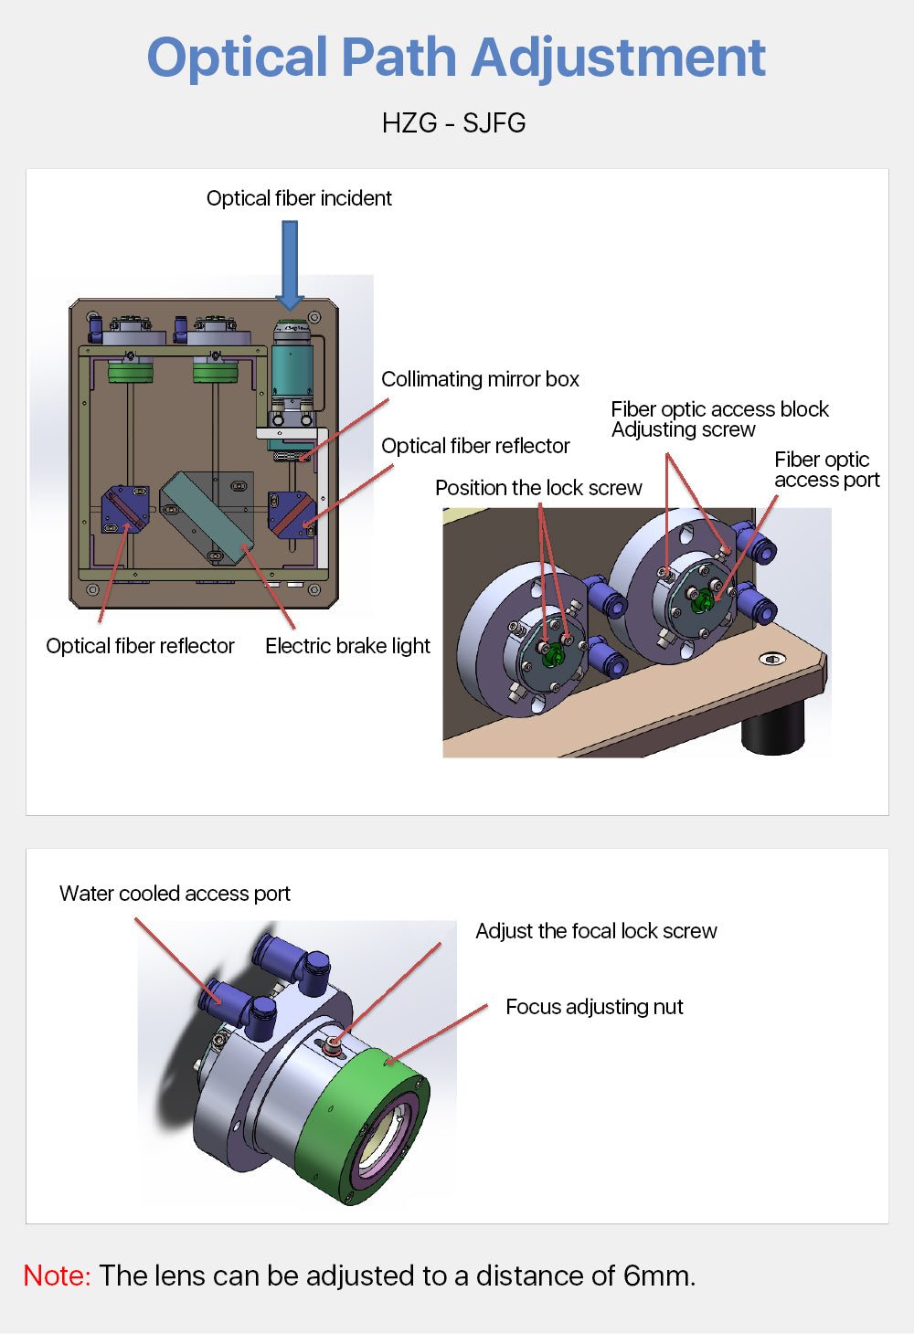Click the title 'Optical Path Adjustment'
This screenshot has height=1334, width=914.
(x=456, y=58)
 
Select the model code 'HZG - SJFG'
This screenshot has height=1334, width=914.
(x=453, y=123)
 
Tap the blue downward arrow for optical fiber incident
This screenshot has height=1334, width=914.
(x=290, y=265)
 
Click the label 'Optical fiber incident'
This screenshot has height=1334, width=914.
(x=299, y=198)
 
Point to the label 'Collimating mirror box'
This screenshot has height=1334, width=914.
(x=480, y=379)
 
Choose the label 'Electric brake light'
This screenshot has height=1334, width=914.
(x=347, y=646)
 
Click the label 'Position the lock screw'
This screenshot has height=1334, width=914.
(x=538, y=488)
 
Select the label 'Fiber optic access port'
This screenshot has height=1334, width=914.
(x=826, y=470)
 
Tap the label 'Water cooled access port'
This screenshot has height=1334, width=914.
(x=175, y=894)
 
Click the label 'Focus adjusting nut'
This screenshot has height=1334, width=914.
(x=594, y=1007)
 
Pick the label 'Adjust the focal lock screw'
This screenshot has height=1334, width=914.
(x=596, y=931)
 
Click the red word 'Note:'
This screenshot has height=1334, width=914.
(x=57, y=1276)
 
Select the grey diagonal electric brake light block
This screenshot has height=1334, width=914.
(x=207, y=516)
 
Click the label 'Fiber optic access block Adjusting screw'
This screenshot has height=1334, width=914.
(x=719, y=419)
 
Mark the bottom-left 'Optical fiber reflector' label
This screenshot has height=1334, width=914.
(x=140, y=646)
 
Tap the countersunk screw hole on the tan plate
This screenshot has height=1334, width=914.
(x=772, y=659)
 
